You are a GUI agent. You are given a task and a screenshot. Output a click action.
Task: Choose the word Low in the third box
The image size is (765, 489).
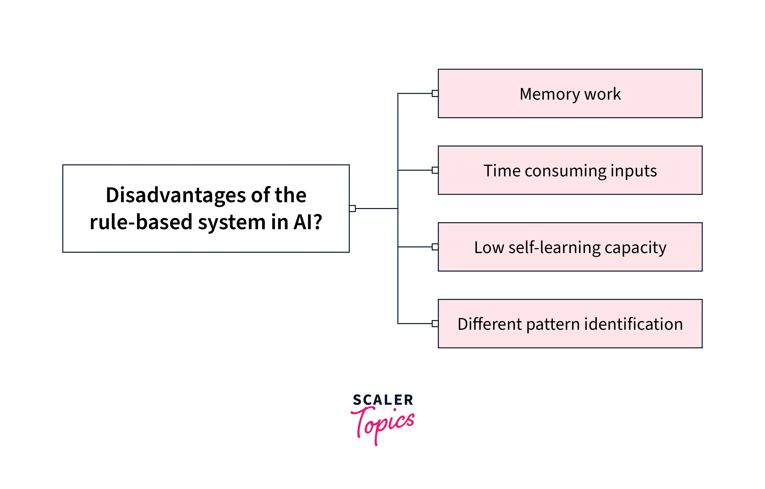click(489, 247)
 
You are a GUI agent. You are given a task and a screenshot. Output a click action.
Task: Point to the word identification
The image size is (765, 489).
click(633, 324)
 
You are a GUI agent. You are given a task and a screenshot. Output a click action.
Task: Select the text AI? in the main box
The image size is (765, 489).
click(308, 222)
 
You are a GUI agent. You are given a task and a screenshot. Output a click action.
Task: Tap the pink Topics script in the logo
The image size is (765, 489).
click(383, 424)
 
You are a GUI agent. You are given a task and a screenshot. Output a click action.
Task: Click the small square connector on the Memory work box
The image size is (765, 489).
click(435, 93)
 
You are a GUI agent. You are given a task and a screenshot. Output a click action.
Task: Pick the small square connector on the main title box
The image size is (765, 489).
click(352, 209)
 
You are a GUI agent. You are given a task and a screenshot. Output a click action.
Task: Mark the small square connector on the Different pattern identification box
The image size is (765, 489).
click(435, 324)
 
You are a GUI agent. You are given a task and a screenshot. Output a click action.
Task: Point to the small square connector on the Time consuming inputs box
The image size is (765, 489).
click(435, 170)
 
